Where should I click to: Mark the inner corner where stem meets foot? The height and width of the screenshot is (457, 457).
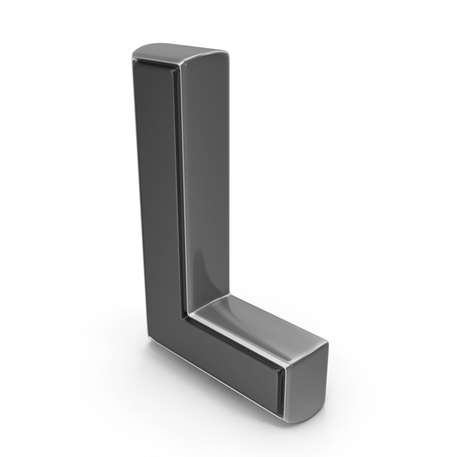click(x=187, y=315)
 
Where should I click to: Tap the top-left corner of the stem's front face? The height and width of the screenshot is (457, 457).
click(x=134, y=59)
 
